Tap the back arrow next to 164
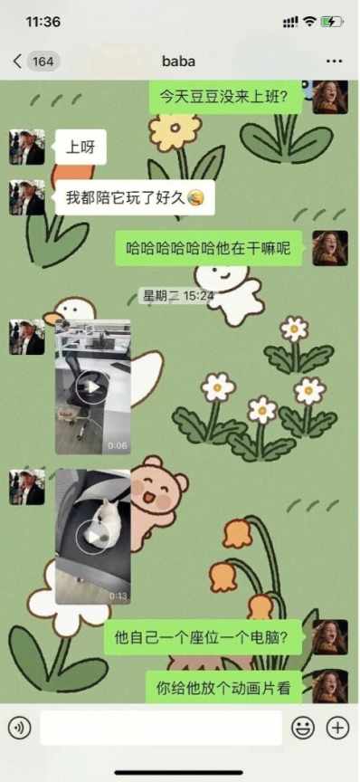tap(17, 62)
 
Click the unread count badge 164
tap(43, 62)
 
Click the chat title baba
tap(178, 62)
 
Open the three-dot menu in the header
tap(334, 62)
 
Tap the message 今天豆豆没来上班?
tap(226, 96)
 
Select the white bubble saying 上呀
tap(81, 147)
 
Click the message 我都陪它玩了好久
tap(135, 197)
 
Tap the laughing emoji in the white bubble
tap(194, 198)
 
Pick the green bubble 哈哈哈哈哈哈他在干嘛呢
tap(209, 248)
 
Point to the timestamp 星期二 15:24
tap(178, 296)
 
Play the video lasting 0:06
tap(93, 387)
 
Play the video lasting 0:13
tap(93, 537)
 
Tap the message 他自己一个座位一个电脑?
tap(204, 637)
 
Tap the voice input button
tap(19, 728)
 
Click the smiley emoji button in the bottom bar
tap(303, 728)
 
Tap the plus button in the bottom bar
tap(337, 728)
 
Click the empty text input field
tap(161, 728)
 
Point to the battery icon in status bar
tap(332, 22)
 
